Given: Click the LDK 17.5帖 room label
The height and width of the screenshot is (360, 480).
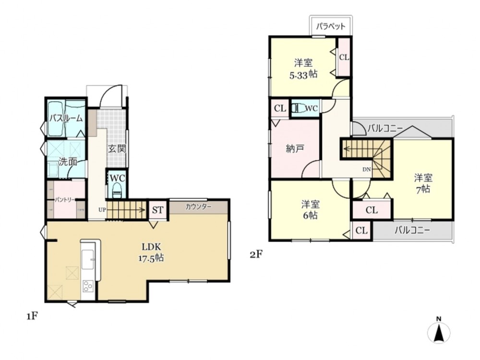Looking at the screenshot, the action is coord(151,252).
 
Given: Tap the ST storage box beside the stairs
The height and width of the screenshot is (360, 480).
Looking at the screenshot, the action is coord(157,210).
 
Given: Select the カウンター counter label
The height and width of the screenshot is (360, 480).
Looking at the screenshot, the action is coord(198,207).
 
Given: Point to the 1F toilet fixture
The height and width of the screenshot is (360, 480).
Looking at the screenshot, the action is coord(117,191).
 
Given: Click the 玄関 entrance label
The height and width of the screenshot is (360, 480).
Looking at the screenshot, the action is coord(117,149).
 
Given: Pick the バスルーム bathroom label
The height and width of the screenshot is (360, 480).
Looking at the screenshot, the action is coord(66,119).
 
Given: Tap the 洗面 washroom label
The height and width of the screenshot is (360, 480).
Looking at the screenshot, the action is coord(68,162).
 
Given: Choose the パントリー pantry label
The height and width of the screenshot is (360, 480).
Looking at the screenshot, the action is coord(65,200).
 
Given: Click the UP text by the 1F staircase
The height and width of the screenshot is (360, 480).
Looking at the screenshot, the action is coord(102,210).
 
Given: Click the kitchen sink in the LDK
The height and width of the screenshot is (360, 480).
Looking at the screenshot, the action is coord(89,259).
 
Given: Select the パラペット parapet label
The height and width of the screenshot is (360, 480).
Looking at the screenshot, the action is coord(331,26).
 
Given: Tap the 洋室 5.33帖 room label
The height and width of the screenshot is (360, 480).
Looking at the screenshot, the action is coord(303,69).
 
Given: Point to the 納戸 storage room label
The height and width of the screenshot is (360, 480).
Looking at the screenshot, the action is coord(295,149).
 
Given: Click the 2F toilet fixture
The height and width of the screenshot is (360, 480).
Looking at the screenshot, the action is coord(299,108).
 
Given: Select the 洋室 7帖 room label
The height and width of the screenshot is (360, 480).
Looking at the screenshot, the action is coord(423,183).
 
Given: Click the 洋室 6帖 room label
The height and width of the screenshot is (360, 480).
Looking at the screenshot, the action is coord(311,210).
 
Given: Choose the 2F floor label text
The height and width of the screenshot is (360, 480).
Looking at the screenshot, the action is coord(256,254).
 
